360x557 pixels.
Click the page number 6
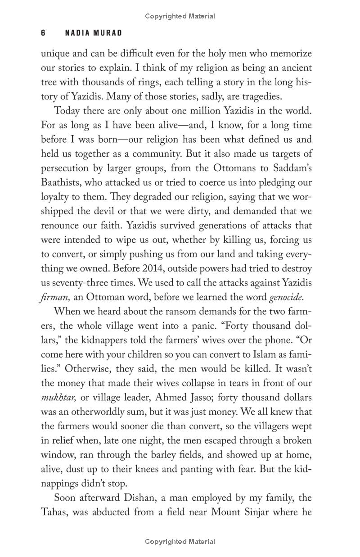pos(43,33)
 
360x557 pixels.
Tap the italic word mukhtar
pos(58,398)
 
